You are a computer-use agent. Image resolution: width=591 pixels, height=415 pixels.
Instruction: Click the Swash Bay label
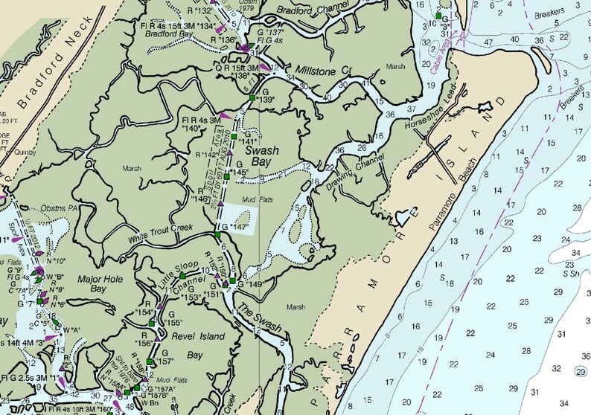point(262,156)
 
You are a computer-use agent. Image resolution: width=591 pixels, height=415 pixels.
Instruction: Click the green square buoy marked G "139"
point(252,98)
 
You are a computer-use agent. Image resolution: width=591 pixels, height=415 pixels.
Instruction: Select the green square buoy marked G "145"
point(227,176)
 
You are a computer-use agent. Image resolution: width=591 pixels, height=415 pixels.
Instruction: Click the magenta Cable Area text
point(442,52)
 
